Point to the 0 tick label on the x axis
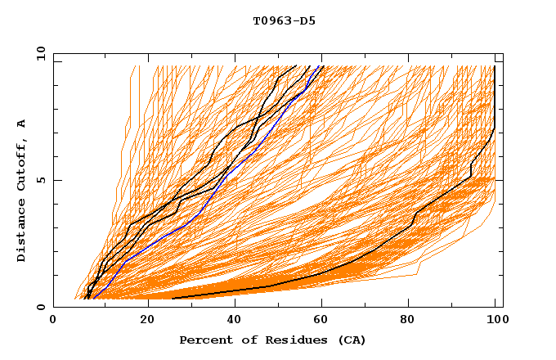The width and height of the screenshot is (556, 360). pyautogui.click(x=53, y=322)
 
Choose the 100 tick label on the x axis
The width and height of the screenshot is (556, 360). pyautogui.click(x=495, y=322)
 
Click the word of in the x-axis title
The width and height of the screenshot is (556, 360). pyautogui.click(x=240, y=340)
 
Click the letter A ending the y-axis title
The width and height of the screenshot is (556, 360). pyautogui.click(x=22, y=124)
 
